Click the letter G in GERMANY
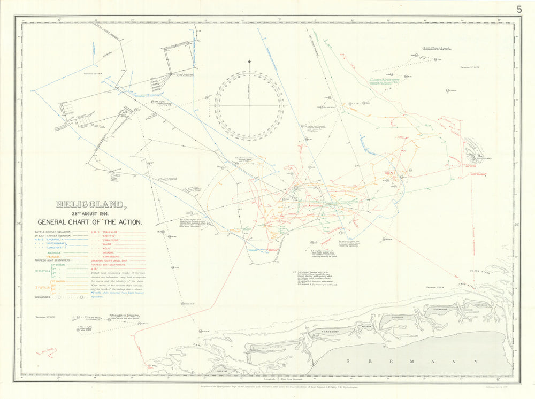point(349,362)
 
